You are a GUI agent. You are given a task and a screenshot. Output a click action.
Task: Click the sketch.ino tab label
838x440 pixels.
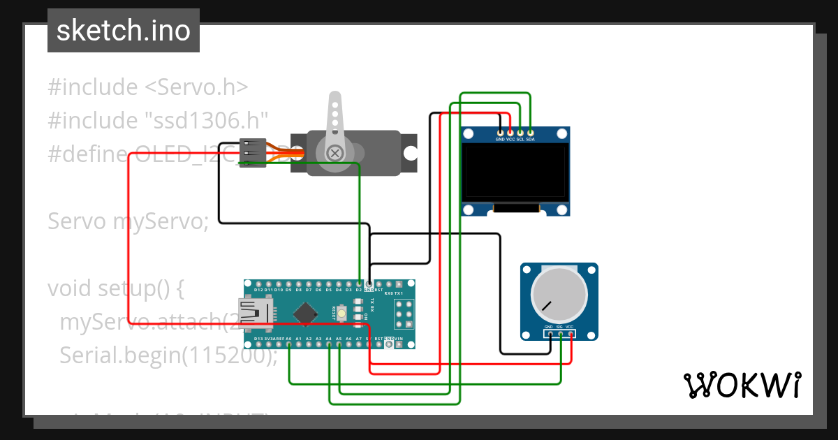pos(123,31)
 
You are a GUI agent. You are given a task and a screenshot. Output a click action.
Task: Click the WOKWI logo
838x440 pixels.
pos(742,385)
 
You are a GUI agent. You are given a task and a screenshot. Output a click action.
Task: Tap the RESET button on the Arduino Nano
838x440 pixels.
pos(342,316)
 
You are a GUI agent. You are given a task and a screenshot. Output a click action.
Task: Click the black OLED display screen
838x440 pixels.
pos(515,171)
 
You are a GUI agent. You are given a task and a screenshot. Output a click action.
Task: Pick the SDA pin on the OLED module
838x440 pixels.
pos(530,132)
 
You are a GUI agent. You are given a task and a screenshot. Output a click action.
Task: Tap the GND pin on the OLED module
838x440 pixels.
pos(500,132)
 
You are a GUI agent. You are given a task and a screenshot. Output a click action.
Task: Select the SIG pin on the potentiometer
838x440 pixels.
pos(561,334)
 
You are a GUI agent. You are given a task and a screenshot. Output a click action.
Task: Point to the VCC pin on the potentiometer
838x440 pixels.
pos(571,334)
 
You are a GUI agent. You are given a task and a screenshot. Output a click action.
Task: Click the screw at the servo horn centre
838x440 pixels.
pos(336,152)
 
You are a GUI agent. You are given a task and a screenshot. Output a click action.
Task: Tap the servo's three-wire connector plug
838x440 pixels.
pos(252,152)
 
